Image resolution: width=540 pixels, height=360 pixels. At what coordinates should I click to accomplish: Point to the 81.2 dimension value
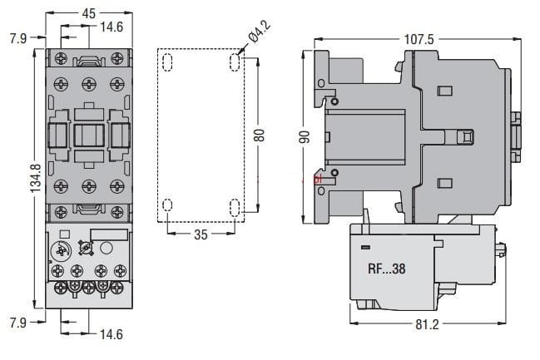click(x=428, y=323)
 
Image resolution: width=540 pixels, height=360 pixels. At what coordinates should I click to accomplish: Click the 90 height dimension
click(x=305, y=136)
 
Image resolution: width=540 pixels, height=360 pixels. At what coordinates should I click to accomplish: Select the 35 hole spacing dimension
click(x=201, y=234)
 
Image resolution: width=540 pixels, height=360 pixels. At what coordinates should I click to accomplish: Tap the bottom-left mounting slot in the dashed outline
click(x=167, y=205)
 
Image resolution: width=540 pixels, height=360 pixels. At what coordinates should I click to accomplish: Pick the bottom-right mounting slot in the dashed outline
click(x=234, y=205)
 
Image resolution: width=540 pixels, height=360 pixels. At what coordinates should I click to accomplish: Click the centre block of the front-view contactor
click(x=88, y=136)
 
